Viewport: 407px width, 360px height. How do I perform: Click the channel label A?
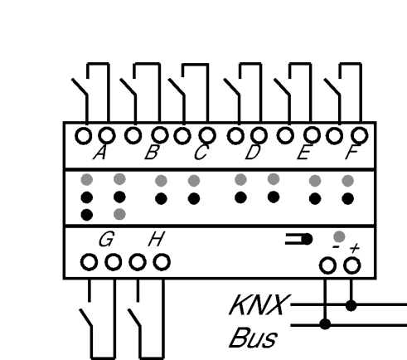pos(99,153)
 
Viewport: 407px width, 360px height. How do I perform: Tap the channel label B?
pos(152,152)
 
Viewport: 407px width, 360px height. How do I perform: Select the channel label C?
pos(201,152)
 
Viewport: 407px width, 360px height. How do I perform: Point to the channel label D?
pos(253,152)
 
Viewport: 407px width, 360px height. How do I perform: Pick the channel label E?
pos(303,153)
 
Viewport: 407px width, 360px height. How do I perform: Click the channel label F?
pos(353,152)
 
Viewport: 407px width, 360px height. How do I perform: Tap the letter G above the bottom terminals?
pos(106,239)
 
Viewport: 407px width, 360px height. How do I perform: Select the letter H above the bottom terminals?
pos(157,239)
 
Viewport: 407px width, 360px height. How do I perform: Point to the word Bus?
pos(253,338)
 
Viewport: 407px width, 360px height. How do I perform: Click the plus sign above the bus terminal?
pos(355,248)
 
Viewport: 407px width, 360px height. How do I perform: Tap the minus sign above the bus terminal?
pos(336,246)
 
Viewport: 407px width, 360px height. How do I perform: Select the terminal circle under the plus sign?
pos(351,265)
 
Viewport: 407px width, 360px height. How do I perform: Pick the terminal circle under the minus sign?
pos(327,265)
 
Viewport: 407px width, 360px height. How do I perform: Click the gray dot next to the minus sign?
pos(339,236)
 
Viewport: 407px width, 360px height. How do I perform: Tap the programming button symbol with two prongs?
pos(298,239)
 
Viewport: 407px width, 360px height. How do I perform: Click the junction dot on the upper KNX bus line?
pos(351,306)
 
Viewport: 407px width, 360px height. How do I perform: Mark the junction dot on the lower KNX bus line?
pos(325,324)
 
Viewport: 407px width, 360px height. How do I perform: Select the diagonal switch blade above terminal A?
pos(80,87)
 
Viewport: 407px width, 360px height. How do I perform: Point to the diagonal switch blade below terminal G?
pos(85,318)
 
